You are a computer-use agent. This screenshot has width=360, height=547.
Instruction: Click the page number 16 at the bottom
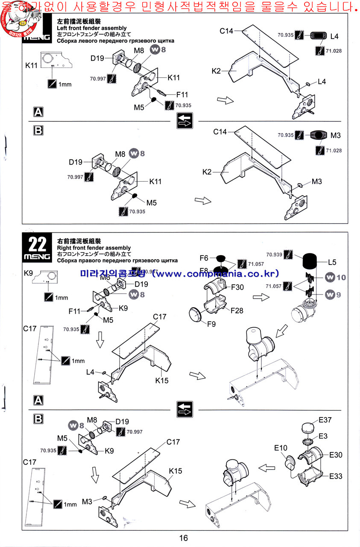tap(183, 538)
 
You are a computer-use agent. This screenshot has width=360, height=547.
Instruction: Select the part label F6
tap(204, 258)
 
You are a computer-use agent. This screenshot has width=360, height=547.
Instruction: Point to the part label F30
tap(237, 287)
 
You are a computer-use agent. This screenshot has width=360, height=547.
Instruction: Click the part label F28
tap(237, 310)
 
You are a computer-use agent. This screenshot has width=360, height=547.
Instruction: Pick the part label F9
tap(211, 323)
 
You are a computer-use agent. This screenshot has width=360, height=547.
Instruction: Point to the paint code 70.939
tap(274, 254)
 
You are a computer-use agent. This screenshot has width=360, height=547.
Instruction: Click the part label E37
tap(325, 420)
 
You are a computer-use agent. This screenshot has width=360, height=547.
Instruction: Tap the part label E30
tap(336, 455)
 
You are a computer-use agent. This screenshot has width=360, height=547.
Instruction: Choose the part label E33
tap(336, 476)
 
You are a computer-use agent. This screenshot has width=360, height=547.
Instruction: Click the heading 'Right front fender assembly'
tap(94, 248)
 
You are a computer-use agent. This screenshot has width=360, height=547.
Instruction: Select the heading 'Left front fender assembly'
tap(92, 28)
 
